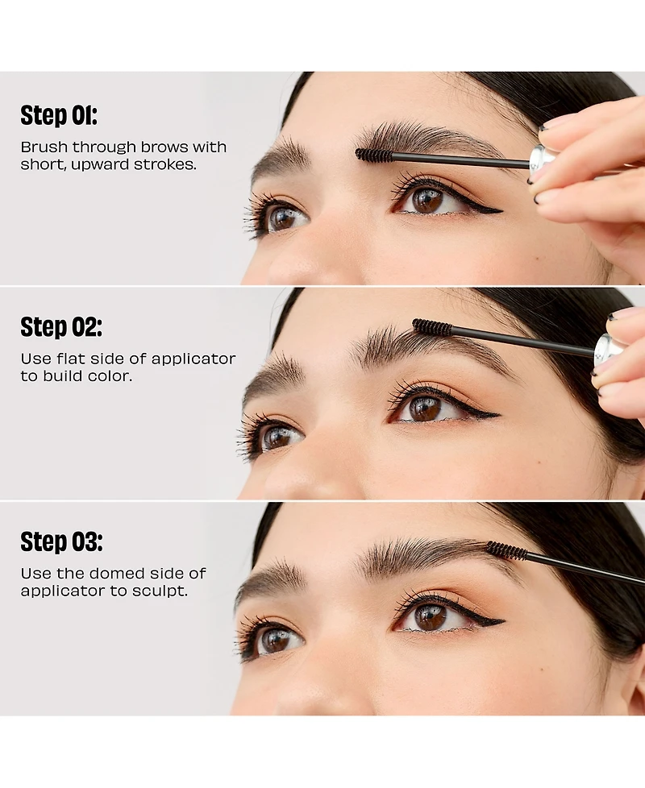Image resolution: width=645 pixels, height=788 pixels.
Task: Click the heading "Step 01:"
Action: (58, 115)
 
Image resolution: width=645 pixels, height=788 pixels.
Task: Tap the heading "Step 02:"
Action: (61, 327)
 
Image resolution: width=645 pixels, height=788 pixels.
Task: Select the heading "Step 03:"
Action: (61, 541)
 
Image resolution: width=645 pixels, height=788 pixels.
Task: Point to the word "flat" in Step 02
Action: (71, 359)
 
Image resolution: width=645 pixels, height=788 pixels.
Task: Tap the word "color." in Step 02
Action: (110, 376)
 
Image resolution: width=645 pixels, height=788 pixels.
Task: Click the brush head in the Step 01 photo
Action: (373, 154)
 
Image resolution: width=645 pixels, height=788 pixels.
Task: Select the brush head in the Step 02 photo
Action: (431, 326)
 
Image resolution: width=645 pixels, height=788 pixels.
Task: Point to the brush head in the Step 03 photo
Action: (506, 550)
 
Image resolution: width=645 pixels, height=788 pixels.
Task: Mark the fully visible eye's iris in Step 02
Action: (425, 408)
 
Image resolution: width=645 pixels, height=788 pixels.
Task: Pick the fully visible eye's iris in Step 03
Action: (430, 617)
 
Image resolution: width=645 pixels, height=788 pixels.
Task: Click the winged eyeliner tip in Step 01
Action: (499, 212)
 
